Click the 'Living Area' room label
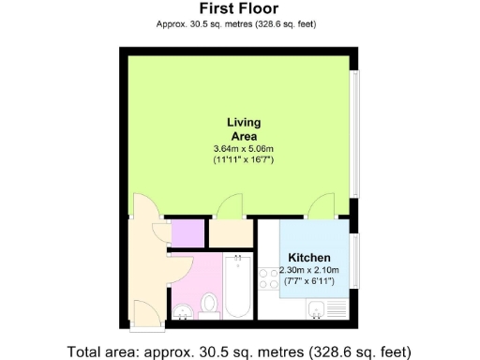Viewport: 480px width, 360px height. (244, 129)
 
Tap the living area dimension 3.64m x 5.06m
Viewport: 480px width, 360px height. (244, 149)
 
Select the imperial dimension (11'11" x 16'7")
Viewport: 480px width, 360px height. (244, 160)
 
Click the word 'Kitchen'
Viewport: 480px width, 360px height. (307, 258)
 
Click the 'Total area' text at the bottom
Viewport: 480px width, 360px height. (239, 352)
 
